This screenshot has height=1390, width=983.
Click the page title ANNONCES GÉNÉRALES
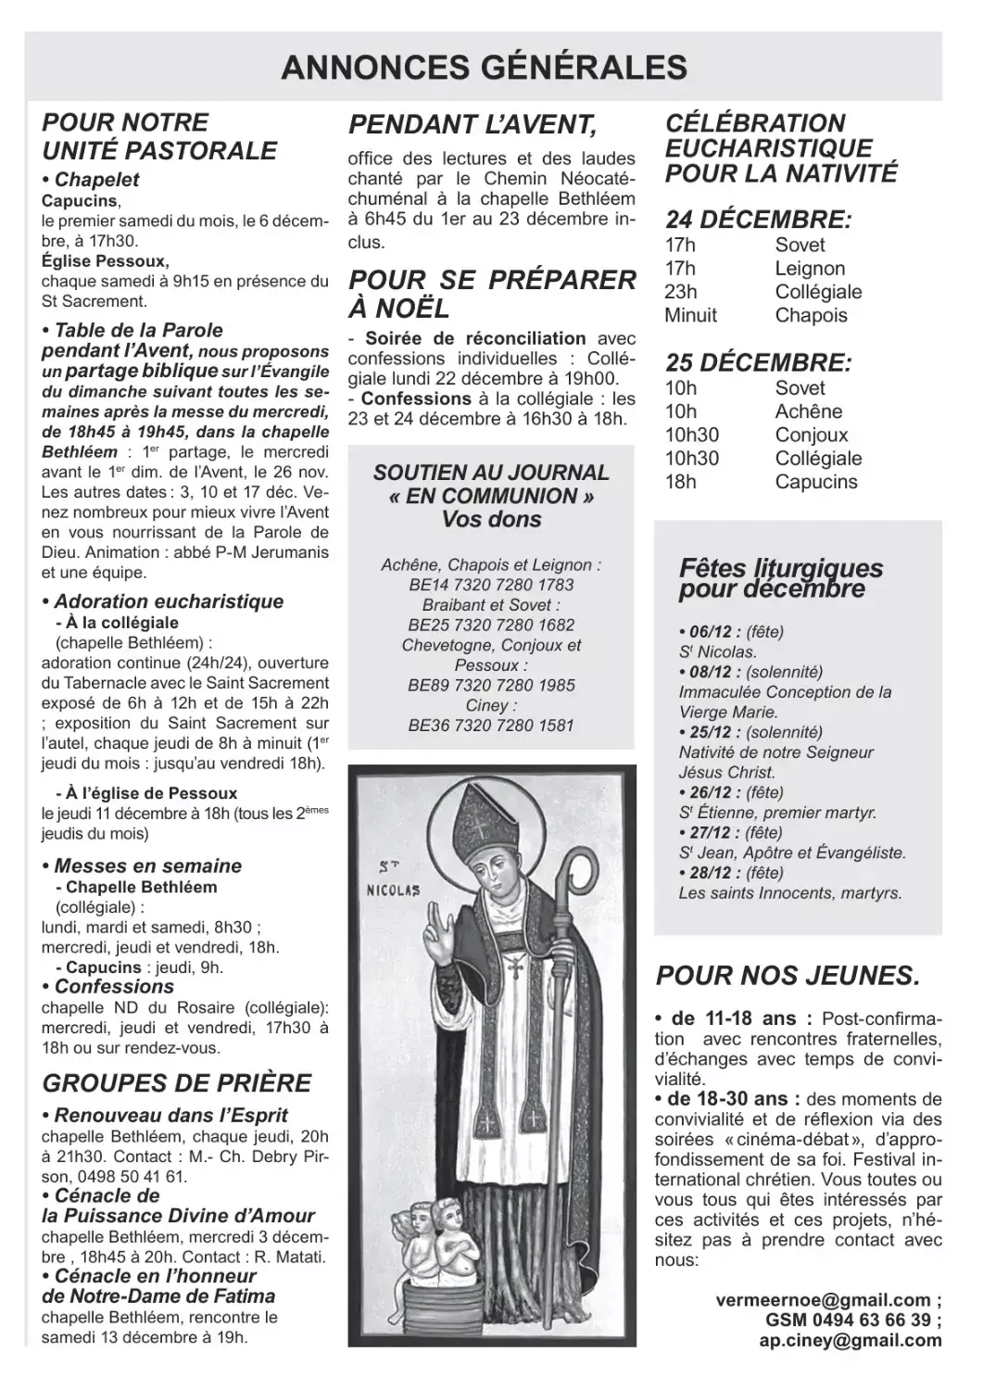[484, 68]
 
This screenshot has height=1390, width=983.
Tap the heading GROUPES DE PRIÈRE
[177, 1082]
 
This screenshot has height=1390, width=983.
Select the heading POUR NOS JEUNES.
[788, 975]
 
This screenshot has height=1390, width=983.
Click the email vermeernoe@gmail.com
[823, 1300]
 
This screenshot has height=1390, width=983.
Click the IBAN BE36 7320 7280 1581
[491, 726]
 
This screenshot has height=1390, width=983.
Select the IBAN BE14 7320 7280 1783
[491, 585]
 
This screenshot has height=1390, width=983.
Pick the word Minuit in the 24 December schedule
[690, 315]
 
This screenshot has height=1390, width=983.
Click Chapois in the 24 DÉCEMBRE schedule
[811, 315]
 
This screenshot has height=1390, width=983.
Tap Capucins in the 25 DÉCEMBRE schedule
[816, 482]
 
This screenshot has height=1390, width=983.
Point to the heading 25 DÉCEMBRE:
[758, 361]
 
